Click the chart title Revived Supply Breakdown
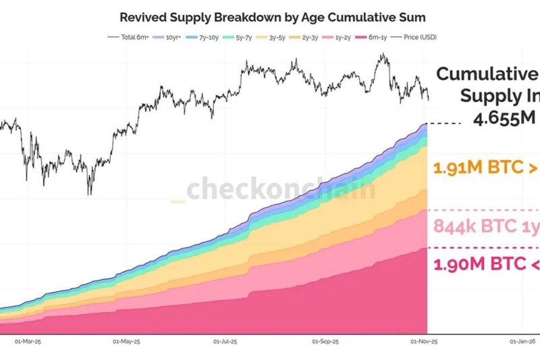tap(273, 16)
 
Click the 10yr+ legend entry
tap(167, 37)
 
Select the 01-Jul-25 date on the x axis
tap(226, 342)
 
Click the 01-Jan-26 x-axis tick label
tap(523, 342)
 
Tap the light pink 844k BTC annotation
tap(486, 227)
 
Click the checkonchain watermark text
tap(280, 190)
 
